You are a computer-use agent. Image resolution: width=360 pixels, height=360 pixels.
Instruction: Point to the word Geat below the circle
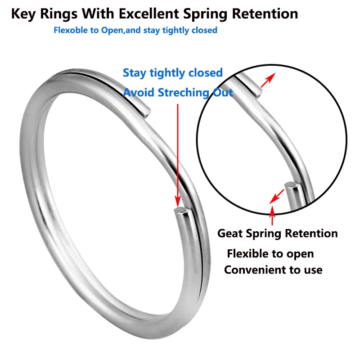point(231,233)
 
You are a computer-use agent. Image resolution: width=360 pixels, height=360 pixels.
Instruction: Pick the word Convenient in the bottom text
point(255,270)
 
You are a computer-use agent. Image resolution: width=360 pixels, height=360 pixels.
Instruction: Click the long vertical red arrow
point(179,153)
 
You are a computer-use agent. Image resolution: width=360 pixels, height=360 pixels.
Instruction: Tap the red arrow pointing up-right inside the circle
point(268,81)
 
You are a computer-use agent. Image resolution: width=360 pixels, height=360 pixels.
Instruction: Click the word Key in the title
point(22,13)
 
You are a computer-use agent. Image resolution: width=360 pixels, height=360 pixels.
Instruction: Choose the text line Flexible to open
point(270,253)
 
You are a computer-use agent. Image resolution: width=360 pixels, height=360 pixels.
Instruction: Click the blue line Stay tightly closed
point(173,73)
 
